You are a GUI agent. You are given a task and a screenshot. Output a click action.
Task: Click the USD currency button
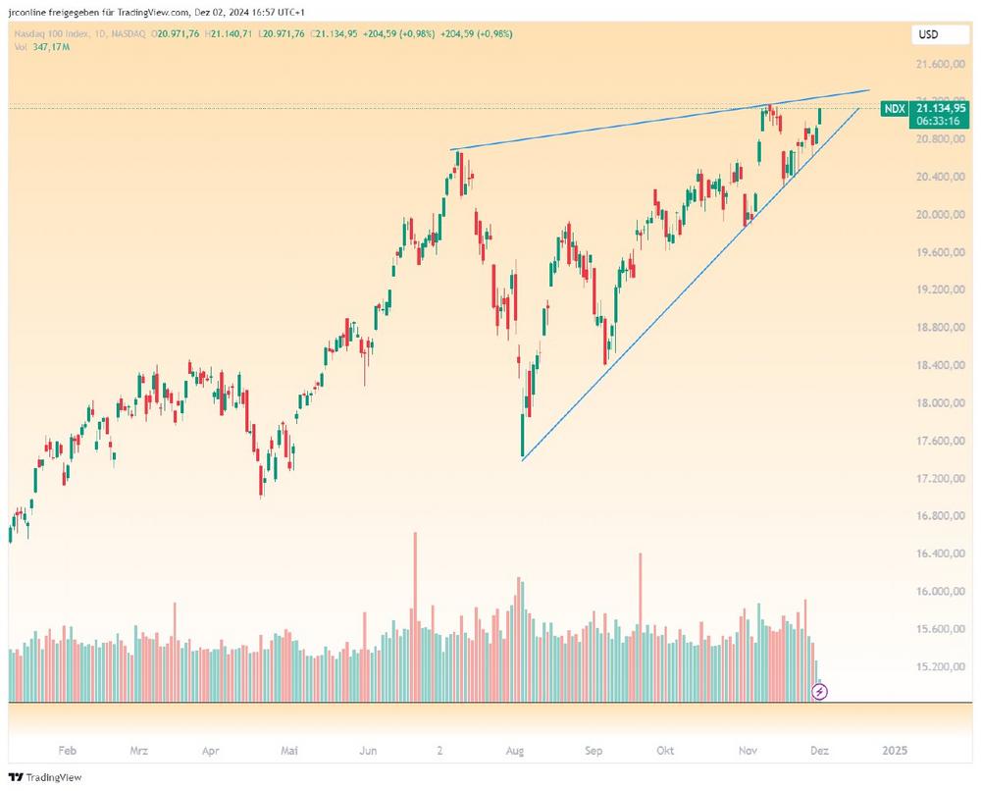(927, 34)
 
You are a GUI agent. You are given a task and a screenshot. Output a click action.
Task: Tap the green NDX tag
(894, 109)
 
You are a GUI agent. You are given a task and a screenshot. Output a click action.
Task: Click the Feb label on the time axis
(67, 751)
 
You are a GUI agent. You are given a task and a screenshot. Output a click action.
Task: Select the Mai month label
(289, 751)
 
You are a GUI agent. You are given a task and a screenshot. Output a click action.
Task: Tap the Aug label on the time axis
(515, 751)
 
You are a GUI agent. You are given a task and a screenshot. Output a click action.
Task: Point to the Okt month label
(665, 751)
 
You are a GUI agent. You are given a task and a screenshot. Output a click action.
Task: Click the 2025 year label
(895, 751)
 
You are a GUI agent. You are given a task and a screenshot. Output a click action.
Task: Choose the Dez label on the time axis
(820, 751)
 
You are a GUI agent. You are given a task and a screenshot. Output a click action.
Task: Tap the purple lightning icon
(821, 692)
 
